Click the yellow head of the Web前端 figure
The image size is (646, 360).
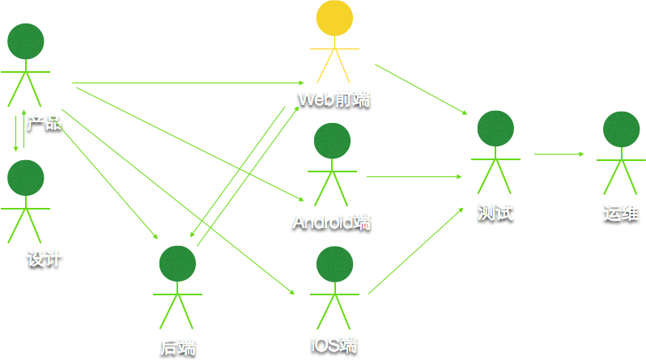point(334,19)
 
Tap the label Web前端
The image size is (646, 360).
point(334,99)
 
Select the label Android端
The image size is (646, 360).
point(331,222)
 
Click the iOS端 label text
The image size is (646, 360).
point(334,343)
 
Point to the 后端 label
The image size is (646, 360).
point(178,347)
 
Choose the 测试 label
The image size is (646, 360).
point(495,213)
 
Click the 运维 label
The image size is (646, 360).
point(621,213)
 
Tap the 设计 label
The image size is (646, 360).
point(45,259)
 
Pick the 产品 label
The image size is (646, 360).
point(44,123)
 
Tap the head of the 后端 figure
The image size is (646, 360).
point(177,265)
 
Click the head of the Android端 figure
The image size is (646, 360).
point(332,141)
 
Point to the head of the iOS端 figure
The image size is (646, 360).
point(334,265)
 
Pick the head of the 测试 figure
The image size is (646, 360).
point(495,129)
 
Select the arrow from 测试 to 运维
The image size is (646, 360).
point(559,154)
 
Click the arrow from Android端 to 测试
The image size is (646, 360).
point(414,176)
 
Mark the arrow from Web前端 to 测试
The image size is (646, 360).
point(421,89)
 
